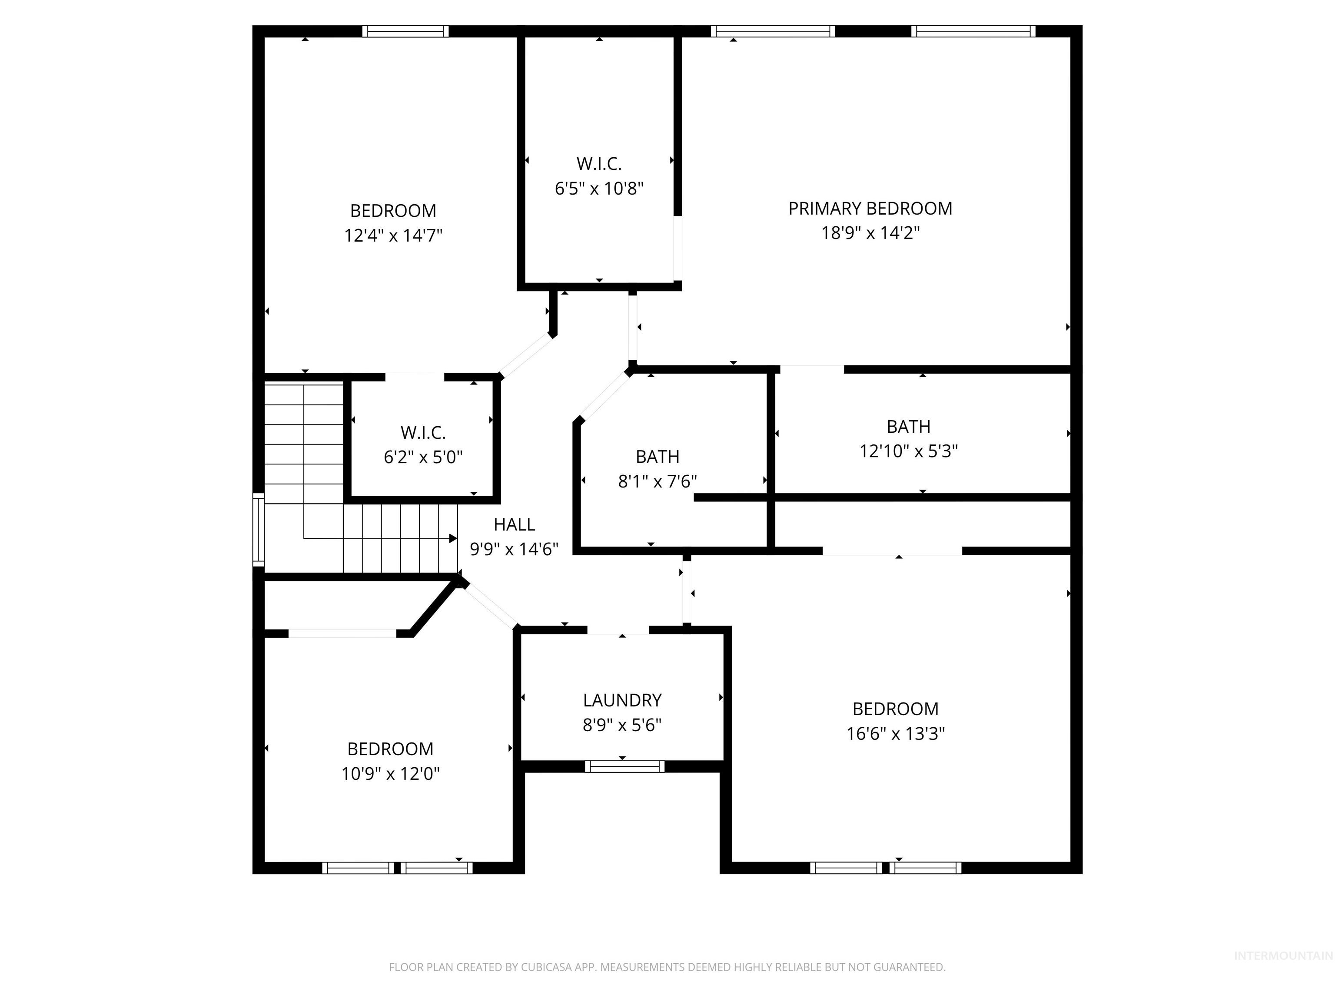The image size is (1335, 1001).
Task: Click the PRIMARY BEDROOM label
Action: click(870, 209)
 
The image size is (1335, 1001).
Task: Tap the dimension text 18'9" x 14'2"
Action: click(870, 233)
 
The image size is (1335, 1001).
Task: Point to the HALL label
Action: click(514, 524)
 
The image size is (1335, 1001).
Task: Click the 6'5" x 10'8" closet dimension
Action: click(599, 189)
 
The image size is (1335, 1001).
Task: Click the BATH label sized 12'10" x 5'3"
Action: click(908, 427)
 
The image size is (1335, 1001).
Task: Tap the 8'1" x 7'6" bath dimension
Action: click(657, 481)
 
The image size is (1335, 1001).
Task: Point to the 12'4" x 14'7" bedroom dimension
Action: click(393, 235)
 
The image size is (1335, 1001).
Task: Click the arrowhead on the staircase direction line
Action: click(453, 538)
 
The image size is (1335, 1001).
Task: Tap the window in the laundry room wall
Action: click(624, 766)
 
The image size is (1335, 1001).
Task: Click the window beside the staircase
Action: click(258, 529)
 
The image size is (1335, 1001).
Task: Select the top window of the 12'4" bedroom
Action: click(405, 31)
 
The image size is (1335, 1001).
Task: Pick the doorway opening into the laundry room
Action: click(618, 630)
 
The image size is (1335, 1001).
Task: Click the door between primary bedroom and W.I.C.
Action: click(678, 247)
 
